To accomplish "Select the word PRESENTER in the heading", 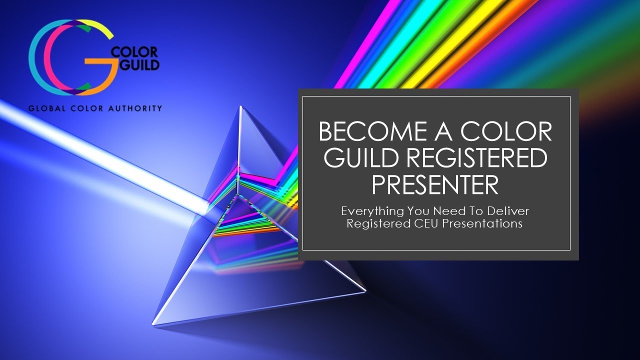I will click(435, 183).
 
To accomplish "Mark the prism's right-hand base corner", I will click(365, 290).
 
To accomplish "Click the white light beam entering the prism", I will click(100, 150).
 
